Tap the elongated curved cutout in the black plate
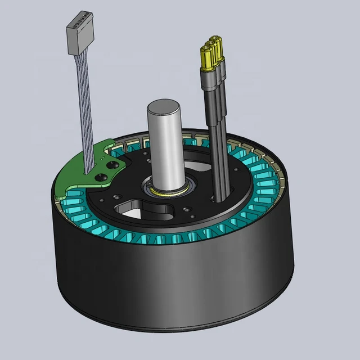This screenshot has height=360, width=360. click(147, 211)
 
